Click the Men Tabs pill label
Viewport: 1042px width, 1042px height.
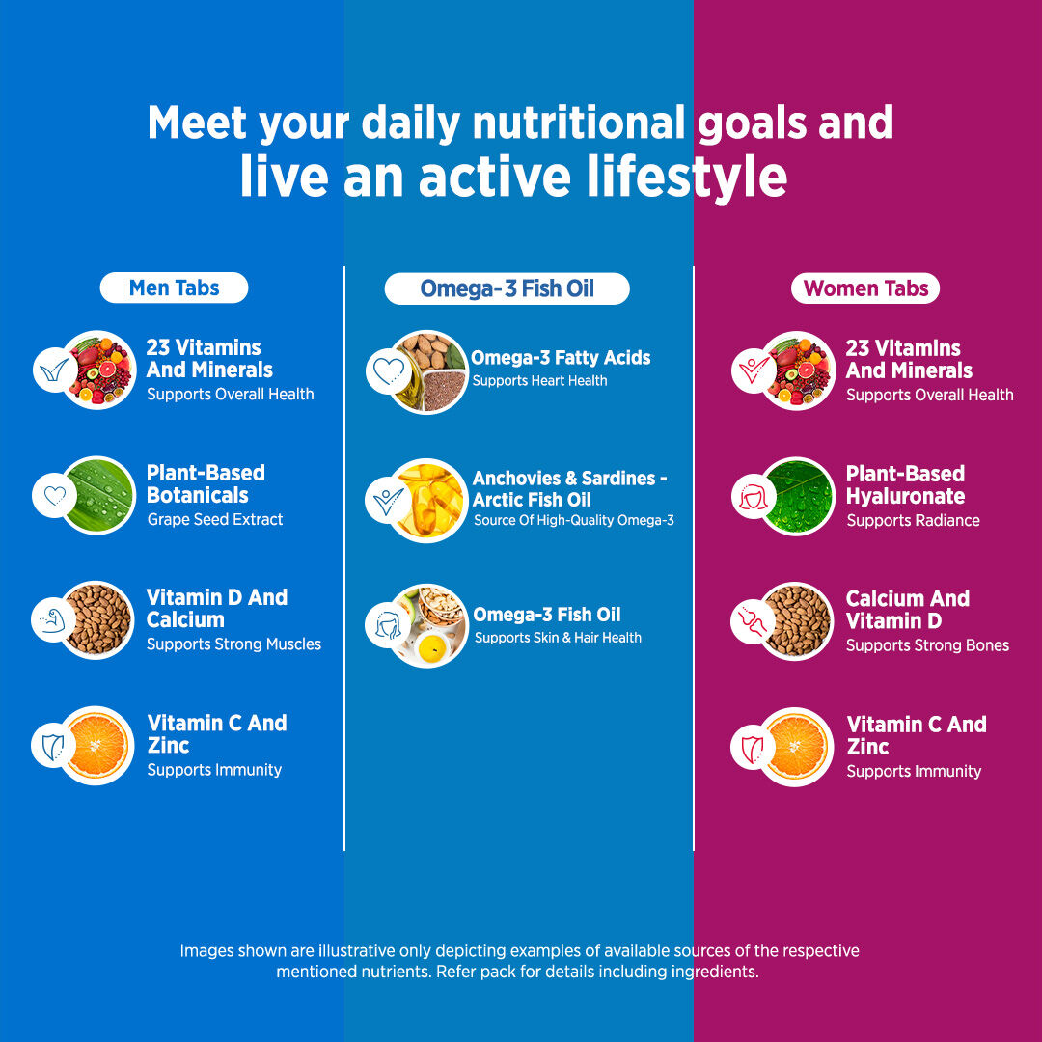(174, 288)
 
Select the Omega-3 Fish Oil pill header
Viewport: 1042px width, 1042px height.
(507, 288)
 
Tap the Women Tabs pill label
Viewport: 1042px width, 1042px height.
(865, 288)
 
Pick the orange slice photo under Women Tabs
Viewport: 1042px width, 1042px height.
(797, 746)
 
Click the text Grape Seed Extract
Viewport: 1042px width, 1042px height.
(215, 520)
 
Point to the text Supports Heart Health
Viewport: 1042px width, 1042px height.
(539, 381)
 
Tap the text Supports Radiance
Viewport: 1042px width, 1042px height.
(913, 521)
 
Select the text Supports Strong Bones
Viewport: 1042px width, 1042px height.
(927, 645)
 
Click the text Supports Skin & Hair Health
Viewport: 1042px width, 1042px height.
(558, 638)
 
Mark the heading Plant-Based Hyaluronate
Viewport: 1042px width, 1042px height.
(905, 484)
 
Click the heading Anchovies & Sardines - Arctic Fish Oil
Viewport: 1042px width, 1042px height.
(569, 489)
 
